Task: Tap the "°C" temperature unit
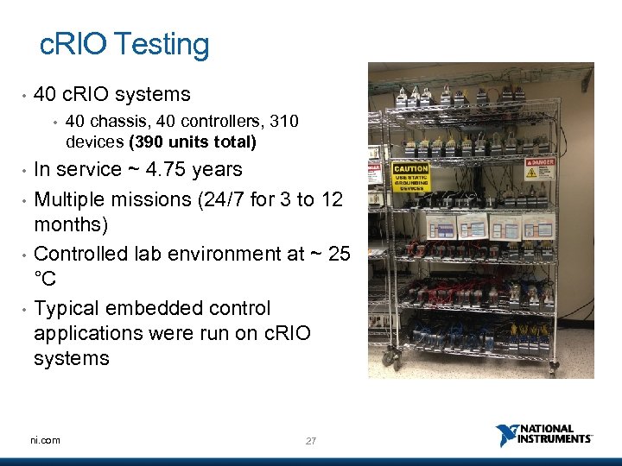[x=45, y=280]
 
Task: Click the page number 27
[x=311, y=441]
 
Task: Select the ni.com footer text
[x=45, y=440]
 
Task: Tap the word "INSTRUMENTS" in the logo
[x=555, y=439]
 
